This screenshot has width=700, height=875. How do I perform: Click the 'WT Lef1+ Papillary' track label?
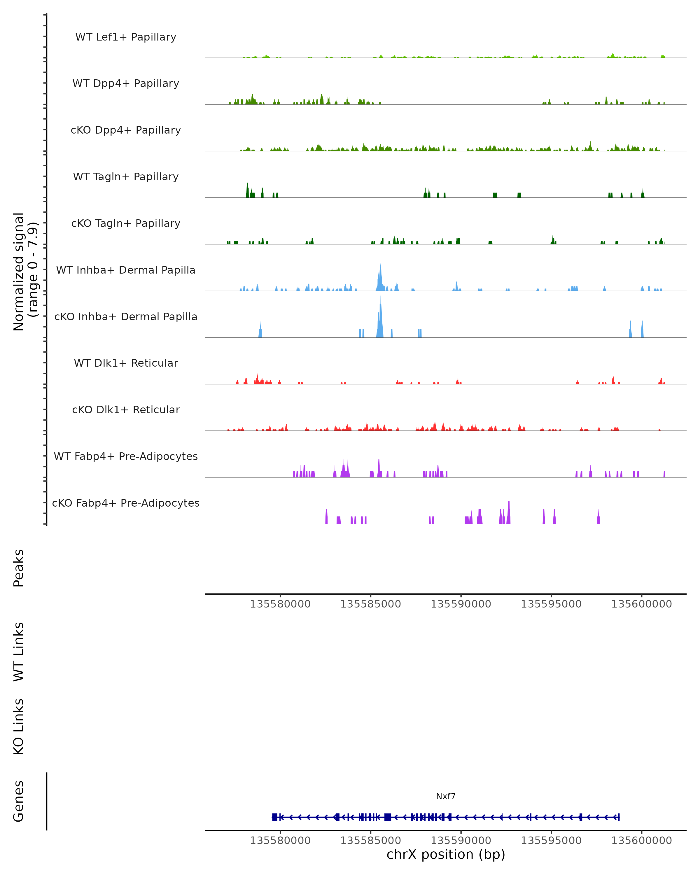[126, 37]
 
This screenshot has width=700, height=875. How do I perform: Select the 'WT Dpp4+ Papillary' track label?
[126, 84]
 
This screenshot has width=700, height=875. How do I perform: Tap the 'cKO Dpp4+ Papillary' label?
[126, 130]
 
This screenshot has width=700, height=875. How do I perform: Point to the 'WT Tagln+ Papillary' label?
[126, 177]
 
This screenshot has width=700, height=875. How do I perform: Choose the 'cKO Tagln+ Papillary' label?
[126, 224]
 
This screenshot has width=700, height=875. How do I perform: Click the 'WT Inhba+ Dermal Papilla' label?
[126, 270]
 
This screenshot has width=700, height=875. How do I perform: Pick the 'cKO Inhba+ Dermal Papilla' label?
[126, 317]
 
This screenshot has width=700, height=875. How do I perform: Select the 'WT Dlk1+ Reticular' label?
[126, 363]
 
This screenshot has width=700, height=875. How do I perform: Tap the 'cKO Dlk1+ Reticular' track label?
[126, 410]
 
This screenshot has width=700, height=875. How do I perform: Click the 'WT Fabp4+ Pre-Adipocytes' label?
[126, 456]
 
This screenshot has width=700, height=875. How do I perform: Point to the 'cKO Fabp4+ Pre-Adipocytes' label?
[126, 503]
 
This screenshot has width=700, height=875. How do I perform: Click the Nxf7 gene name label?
[446, 796]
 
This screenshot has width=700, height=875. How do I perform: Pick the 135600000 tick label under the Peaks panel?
[642, 604]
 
